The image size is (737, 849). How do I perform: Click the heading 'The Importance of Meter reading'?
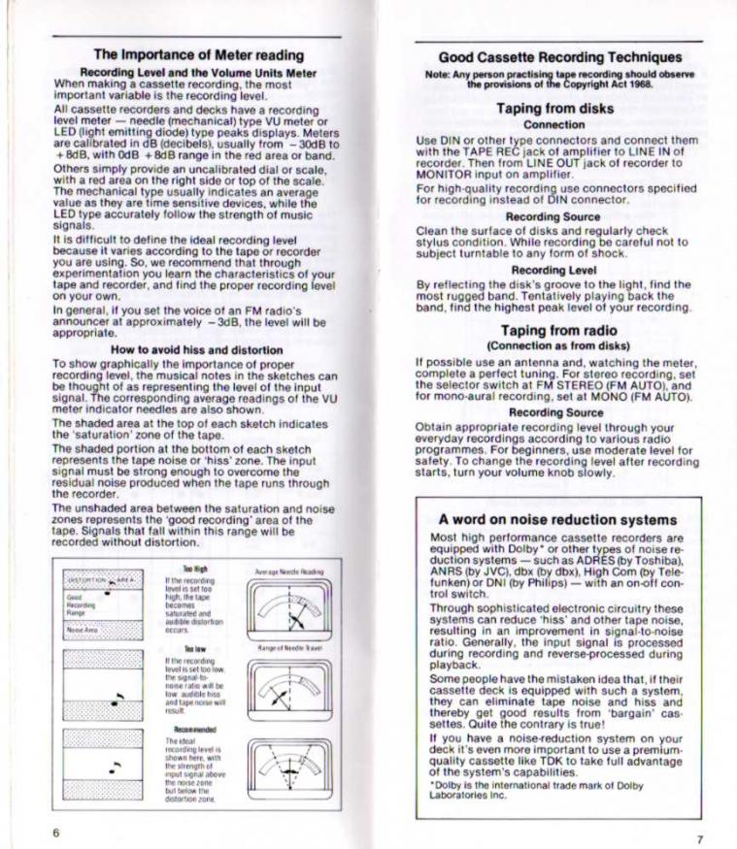198,55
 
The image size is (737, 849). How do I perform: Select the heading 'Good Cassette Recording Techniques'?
559,57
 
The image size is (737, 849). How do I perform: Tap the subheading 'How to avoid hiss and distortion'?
197,349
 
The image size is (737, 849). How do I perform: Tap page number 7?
700,837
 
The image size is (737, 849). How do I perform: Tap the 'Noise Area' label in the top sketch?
79,630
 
